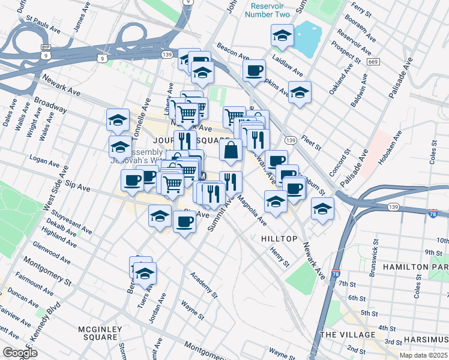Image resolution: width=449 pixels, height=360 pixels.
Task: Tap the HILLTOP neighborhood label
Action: coord(279,239)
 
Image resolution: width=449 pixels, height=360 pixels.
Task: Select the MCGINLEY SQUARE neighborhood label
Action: coord(100,333)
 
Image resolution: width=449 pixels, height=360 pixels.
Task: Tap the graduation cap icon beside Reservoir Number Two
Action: coord(282,37)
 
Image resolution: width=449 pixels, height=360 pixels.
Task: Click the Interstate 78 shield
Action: coord(433,214)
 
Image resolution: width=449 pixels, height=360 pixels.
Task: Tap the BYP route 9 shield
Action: coord(45,52)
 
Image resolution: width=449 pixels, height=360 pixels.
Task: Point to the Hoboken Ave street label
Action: coord(396,154)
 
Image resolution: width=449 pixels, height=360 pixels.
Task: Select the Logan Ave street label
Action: coord(44,163)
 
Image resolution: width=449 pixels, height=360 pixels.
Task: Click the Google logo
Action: coord(19,353)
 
